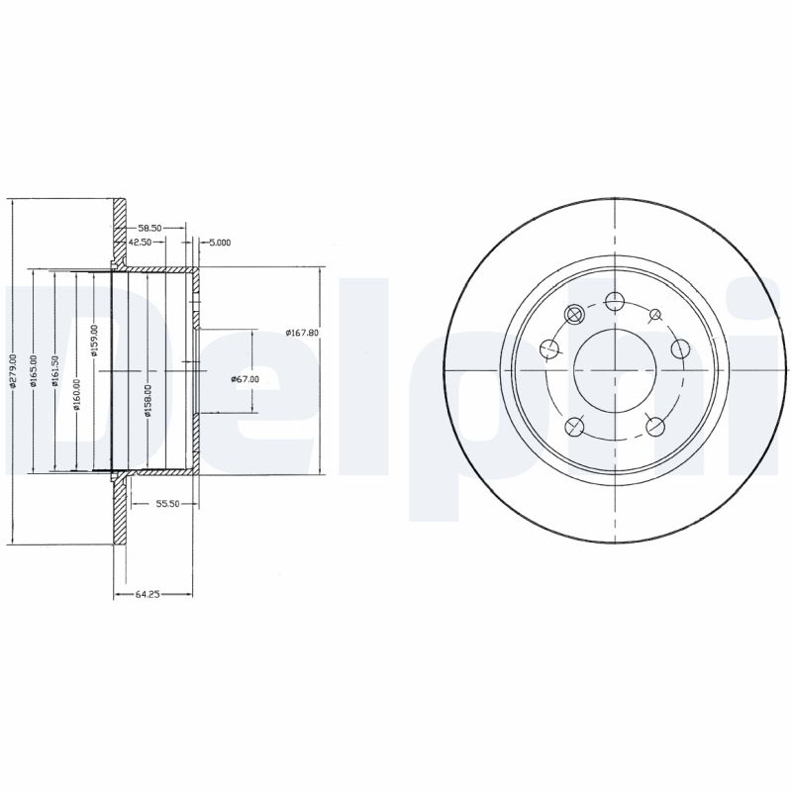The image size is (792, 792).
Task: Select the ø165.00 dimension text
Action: click(x=34, y=371)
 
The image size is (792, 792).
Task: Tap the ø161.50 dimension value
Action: click(x=55, y=371)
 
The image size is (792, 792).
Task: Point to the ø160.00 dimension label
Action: click(x=76, y=392)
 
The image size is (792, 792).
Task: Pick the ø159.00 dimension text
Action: click(x=95, y=340)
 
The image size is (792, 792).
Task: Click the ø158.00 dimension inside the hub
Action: click(x=148, y=401)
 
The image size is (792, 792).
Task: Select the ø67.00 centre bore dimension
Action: click(x=244, y=378)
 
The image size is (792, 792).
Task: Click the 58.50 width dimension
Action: click(x=150, y=227)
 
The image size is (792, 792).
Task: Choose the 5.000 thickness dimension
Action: click(x=219, y=242)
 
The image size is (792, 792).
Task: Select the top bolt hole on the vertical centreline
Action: click(x=614, y=301)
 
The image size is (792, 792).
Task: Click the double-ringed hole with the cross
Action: click(x=573, y=315)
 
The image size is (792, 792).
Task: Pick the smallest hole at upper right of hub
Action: click(x=654, y=315)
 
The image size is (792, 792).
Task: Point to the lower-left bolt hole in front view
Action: click(x=574, y=426)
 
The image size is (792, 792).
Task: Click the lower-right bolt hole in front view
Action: click(x=654, y=426)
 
